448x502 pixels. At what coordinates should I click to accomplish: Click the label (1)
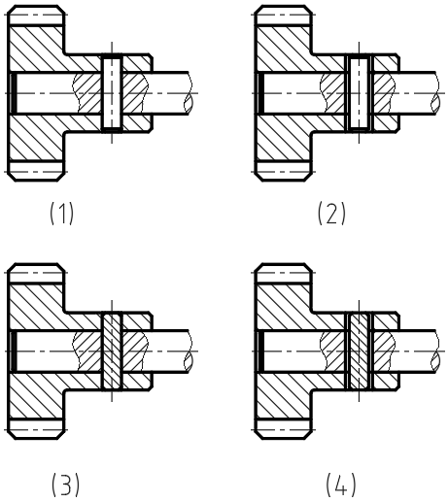(61, 213)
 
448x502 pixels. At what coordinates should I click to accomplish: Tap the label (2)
(331, 213)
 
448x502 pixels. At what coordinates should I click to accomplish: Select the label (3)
(65, 485)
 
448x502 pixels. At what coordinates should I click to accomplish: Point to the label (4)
(341, 485)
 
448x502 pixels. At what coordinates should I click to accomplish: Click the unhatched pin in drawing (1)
(112, 93)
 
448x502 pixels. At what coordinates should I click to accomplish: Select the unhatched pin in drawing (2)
(359, 93)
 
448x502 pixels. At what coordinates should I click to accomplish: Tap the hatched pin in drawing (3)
(112, 351)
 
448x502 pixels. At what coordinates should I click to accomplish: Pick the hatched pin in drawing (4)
(359, 351)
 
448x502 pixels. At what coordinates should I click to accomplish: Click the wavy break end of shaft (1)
(189, 93)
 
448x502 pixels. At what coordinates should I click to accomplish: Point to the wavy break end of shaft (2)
(435, 93)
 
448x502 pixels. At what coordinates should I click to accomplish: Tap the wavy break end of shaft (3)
(189, 351)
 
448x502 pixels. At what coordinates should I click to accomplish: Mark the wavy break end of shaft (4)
(435, 351)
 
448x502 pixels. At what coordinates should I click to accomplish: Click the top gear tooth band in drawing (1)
(36, 16)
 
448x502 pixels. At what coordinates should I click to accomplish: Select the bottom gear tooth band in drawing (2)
(283, 171)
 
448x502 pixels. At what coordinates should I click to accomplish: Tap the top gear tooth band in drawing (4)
(283, 274)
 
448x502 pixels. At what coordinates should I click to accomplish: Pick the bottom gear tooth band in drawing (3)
(36, 429)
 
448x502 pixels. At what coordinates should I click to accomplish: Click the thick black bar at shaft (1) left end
(14, 93)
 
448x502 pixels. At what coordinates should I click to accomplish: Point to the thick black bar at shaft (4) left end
(260, 351)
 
